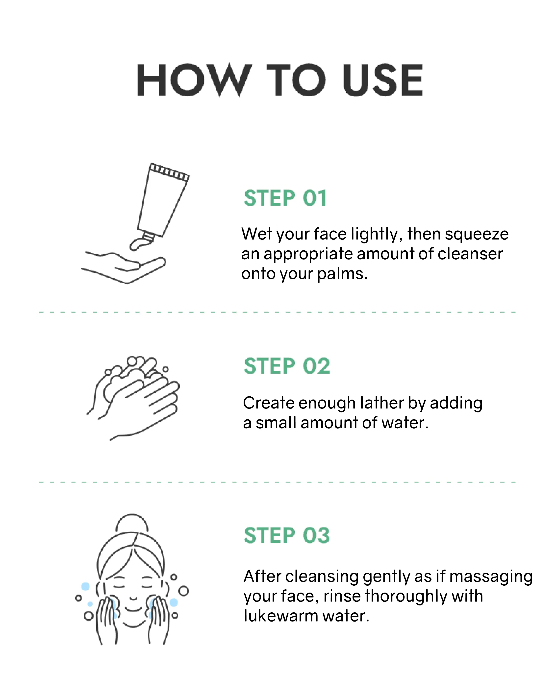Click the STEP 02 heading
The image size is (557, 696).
tap(287, 366)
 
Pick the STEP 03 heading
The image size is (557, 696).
tap(287, 536)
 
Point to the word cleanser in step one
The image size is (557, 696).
tap(470, 254)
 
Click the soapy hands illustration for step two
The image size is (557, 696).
tap(133, 398)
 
